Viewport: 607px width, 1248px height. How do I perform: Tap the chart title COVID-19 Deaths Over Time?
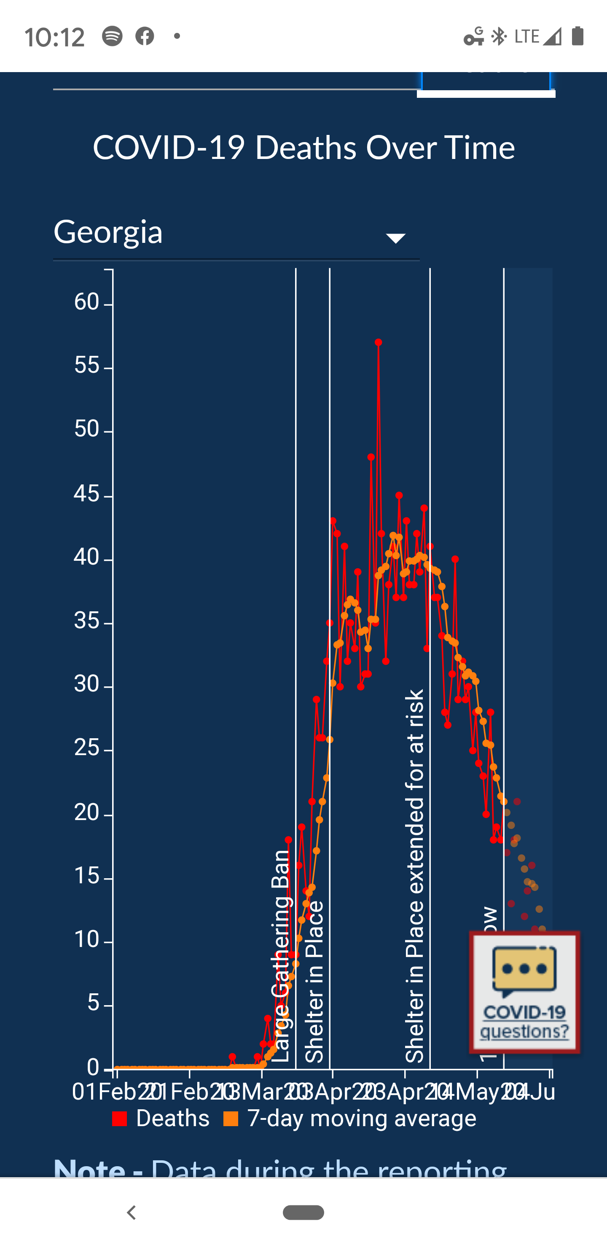[304, 148]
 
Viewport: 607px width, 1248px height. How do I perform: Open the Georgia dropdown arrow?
[395, 238]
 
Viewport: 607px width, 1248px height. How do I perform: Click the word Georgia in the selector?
[108, 232]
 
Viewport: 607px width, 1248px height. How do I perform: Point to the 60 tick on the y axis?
[87, 302]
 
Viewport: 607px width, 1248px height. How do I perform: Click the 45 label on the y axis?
[87, 494]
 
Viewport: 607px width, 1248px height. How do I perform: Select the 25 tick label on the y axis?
[87, 748]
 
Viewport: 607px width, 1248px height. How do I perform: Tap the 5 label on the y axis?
[94, 1003]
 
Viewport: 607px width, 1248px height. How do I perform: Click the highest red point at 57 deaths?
[379, 342]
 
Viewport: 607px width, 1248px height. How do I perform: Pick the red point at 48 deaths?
[371, 457]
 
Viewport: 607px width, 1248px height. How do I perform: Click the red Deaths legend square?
[119, 1119]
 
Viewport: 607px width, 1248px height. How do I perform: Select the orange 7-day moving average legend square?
[231, 1119]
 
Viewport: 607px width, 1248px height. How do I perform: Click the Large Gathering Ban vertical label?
[281, 957]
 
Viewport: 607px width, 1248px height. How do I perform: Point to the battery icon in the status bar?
[577, 36]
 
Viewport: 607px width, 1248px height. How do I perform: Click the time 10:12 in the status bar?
[55, 37]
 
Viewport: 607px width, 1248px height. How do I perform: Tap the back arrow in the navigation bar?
[131, 1213]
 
